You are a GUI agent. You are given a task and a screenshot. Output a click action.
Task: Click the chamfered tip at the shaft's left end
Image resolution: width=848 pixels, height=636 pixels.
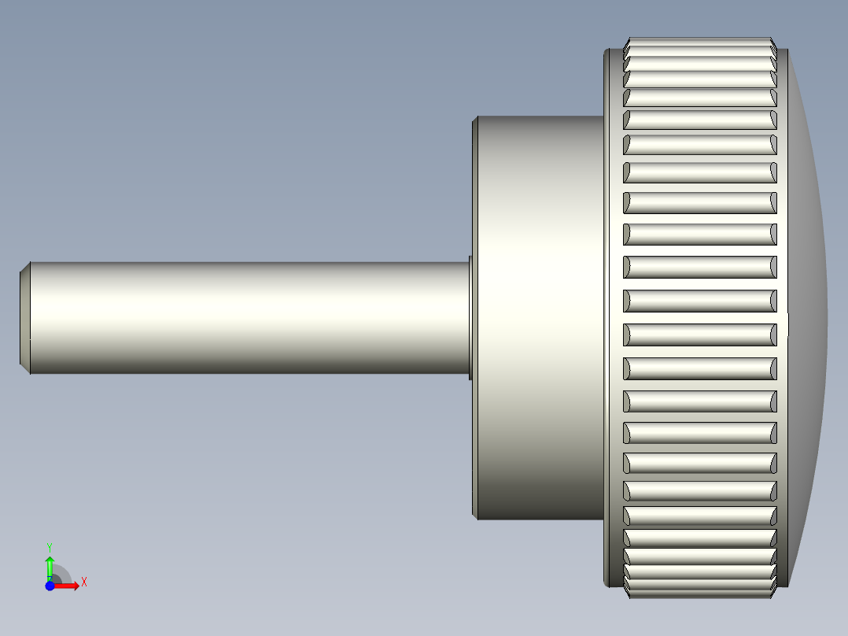pos(24,317)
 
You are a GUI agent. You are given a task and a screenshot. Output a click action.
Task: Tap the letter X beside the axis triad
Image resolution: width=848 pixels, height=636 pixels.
pos(84,582)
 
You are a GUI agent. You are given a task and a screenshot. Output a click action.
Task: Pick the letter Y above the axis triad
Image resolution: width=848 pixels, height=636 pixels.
pos(50,546)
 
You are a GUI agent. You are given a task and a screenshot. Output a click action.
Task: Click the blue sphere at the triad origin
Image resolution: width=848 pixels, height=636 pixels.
pos(50,586)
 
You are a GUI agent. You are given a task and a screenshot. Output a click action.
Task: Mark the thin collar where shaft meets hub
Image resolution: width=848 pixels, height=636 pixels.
pos(470,317)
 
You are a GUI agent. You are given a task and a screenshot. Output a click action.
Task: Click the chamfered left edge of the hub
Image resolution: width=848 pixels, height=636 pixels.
pos(475,317)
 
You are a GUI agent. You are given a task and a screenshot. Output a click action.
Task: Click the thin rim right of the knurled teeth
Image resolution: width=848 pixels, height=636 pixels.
pos(782,317)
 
